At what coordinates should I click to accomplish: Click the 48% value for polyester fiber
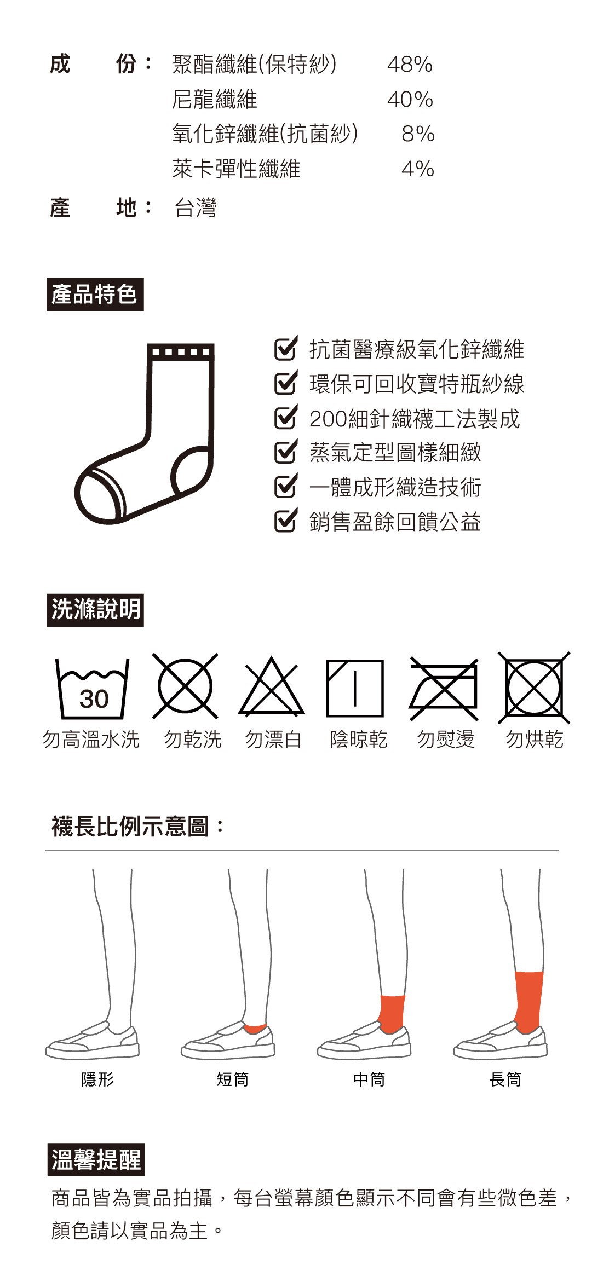coord(410,65)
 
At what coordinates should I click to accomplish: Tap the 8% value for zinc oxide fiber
coord(418,134)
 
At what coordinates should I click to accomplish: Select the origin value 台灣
coord(196,208)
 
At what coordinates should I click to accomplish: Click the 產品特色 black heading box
coord(95,294)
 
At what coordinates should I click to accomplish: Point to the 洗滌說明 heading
coord(95,610)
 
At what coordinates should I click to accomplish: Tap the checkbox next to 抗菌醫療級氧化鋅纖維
coord(286,348)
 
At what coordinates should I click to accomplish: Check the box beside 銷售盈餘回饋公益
coord(286,521)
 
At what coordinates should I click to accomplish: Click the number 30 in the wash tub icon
coord(94,699)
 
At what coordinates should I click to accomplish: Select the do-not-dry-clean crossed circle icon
coord(185,686)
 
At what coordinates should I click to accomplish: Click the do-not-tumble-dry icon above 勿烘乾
coord(534,688)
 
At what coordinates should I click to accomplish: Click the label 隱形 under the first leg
coord(97,1079)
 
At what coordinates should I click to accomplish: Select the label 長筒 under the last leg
coord(505,1079)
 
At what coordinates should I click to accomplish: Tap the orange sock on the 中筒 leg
coord(392,1013)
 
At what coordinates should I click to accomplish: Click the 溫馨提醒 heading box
coord(96,1159)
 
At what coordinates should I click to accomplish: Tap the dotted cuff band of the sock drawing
coord(181,351)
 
